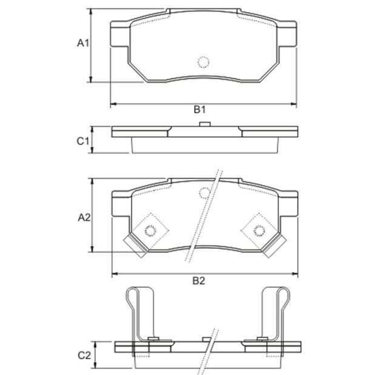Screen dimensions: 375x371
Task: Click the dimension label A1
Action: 83,43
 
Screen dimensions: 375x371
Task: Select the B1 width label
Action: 200,110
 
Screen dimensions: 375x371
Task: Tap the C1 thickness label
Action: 83,141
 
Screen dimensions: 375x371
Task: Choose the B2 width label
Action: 199,280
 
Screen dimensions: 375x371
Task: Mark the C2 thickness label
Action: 84,354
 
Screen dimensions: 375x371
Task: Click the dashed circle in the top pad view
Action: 203,62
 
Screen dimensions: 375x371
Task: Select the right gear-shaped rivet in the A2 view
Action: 259,229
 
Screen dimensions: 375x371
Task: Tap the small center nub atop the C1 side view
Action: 205,124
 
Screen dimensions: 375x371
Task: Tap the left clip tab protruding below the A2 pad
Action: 135,245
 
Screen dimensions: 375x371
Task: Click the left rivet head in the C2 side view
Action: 153,339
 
